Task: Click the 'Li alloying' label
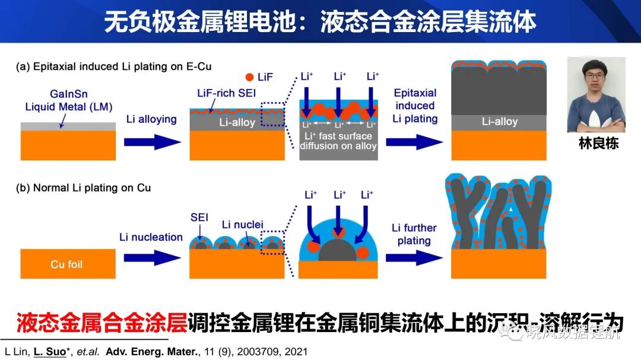[151, 119]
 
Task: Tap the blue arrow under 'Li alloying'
[153, 142]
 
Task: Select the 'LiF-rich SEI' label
[227, 93]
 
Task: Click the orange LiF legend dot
[249, 77]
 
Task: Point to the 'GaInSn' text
[69, 94]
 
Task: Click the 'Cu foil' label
[66, 265]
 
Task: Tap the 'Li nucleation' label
[151, 237]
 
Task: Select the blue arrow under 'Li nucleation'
[153, 258]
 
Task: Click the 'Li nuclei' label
[242, 225]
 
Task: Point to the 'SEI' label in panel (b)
[199, 218]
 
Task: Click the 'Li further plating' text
[414, 234]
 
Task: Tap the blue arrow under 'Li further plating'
[414, 258]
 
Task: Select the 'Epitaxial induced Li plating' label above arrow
[415, 106]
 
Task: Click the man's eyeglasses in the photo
[595, 76]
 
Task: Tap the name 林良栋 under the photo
[598, 144]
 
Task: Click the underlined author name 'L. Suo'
[50, 352]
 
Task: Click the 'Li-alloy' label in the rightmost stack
[500, 122]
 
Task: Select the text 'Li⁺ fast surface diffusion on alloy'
[338, 141]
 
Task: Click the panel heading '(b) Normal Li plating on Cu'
[84, 188]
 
